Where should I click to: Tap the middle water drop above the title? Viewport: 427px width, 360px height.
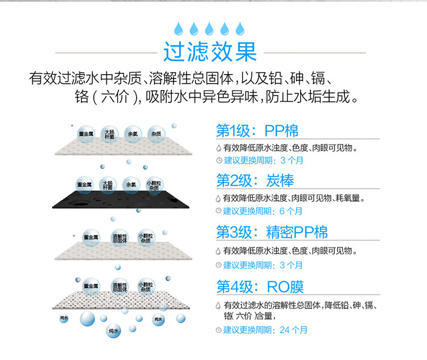[210, 28]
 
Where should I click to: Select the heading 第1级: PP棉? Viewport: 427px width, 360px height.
[257, 130]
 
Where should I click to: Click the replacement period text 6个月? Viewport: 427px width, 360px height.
[291, 211]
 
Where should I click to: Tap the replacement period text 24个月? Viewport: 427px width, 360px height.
[294, 329]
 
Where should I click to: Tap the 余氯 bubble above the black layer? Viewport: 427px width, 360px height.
[131, 184]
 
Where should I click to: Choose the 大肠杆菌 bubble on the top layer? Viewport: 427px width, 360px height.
[108, 134]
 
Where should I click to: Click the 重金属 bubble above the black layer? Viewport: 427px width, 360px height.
[85, 184]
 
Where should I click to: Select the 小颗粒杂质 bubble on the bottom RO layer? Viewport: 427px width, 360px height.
[146, 287]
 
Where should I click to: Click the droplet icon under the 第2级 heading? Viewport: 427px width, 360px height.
[218, 198]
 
